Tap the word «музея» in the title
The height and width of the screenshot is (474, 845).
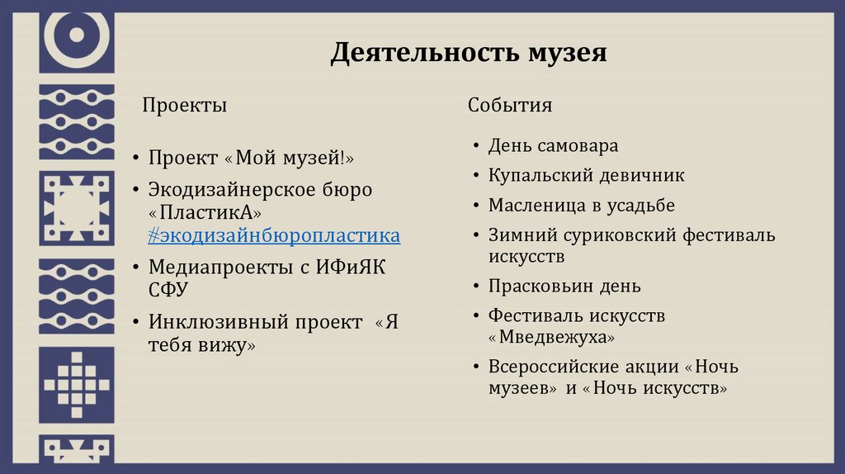click(567, 54)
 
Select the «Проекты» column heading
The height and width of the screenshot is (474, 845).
click(184, 106)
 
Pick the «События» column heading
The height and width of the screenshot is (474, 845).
click(510, 106)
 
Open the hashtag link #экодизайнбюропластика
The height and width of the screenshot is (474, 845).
click(274, 236)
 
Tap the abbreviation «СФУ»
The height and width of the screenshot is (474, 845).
click(168, 290)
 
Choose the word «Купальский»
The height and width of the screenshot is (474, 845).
click(537, 176)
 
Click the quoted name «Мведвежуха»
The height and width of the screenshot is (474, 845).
click(552, 338)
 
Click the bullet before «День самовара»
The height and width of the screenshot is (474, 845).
click(476, 146)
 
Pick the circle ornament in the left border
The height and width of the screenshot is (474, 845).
click(77, 35)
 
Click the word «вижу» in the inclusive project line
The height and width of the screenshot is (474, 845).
click(224, 345)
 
